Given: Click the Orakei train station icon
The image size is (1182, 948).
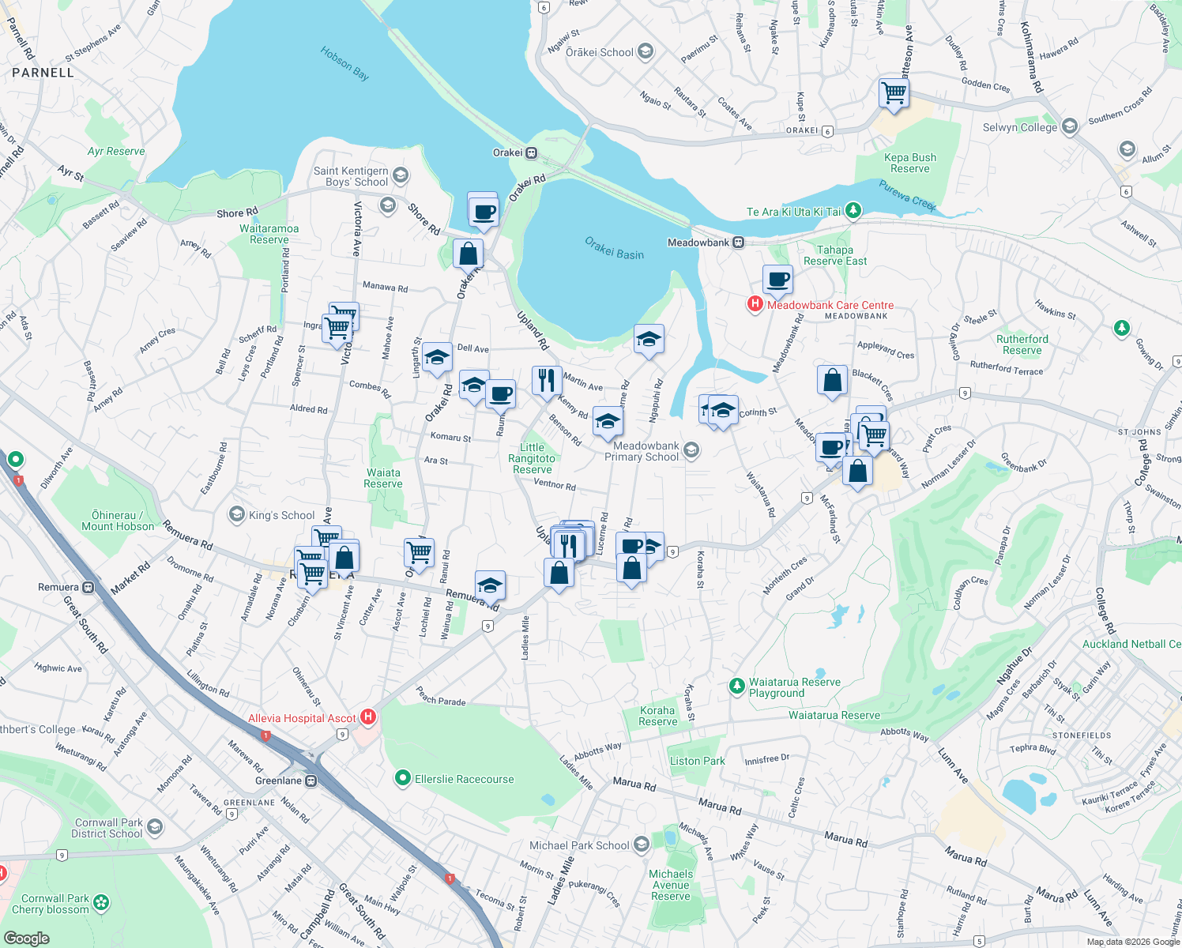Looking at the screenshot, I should (x=532, y=152).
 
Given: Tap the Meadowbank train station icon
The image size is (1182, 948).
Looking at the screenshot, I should (x=738, y=243).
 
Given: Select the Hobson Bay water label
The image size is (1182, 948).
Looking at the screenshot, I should (x=344, y=63).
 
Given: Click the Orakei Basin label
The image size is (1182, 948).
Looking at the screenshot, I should (x=614, y=248).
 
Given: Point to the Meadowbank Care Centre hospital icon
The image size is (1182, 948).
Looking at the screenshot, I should (x=755, y=304).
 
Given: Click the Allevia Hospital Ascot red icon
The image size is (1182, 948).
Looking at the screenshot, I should (x=367, y=717).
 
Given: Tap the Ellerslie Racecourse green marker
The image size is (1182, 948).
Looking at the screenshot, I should (x=403, y=778).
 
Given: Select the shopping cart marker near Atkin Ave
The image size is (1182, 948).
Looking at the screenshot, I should (x=894, y=92).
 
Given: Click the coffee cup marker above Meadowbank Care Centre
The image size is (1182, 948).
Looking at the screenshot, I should (x=777, y=279).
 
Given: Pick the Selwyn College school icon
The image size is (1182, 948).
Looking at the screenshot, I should (x=1070, y=126).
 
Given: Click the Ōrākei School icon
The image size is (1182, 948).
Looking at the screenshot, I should (x=646, y=52).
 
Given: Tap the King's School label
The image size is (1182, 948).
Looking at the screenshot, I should (x=281, y=515).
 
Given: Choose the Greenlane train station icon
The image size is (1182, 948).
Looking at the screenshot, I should (x=311, y=781).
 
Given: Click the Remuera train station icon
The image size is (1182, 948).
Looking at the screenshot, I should (x=88, y=587).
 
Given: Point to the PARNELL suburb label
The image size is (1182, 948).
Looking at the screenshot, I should (x=43, y=73).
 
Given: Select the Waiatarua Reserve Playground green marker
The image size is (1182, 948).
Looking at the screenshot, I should (x=736, y=687).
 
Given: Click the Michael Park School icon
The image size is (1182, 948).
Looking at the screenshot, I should (x=642, y=845).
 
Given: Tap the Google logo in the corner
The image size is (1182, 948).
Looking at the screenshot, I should (x=26, y=938).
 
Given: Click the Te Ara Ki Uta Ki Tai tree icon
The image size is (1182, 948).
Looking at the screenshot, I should (x=853, y=210).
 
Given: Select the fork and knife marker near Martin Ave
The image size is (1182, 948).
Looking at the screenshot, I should (x=547, y=380).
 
